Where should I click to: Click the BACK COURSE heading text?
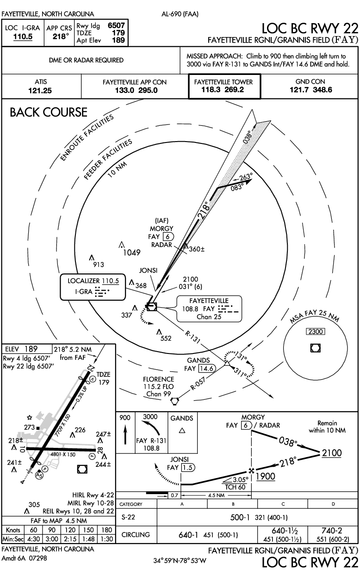coord(49,112)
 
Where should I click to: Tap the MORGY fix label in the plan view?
coord(161,229)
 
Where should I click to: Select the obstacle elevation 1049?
coord(131,253)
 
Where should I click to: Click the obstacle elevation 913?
coord(98,265)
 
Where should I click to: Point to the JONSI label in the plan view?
coord(149,270)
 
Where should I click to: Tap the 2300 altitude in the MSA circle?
coord(317,331)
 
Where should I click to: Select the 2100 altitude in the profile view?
coord(332,453)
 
